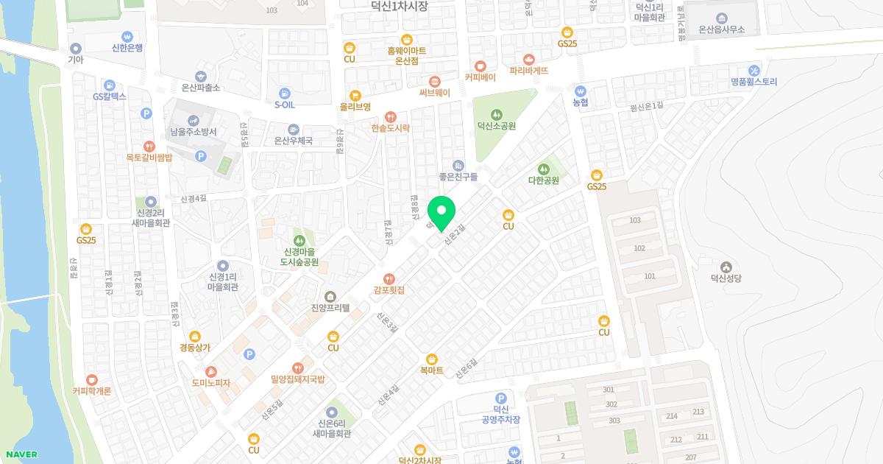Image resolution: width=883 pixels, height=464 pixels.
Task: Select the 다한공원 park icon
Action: pyautogui.click(x=544, y=169)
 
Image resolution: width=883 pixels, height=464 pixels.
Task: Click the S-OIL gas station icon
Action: pyautogui.click(x=284, y=94)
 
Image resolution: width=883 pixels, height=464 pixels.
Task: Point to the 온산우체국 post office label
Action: pyautogui.click(x=293, y=141)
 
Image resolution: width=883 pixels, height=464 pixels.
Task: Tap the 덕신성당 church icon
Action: pyautogui.click(x=726, y=267)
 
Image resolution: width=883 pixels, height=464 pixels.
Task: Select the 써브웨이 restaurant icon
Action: pyautogui.click(x=434, y=81)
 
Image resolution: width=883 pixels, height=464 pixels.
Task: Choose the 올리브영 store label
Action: pyautogui.click(x=355, y=107)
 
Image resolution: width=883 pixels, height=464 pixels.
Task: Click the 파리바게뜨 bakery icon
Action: pyautogui.click(x=528, y=60)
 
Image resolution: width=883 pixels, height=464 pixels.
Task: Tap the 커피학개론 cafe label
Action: pyautogui.click(x=91, y=391)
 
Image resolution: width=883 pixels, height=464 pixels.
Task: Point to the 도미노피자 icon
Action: pyautogui.click(x=211, y=372)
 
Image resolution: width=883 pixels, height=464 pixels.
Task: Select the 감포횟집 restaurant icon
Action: pyautogui.click(x=389, y=278)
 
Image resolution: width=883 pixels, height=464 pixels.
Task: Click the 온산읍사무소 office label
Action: pyautogui.click(x=721, y=29)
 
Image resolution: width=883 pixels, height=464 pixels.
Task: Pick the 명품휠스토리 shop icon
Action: pyautogui.click(x=753, y=70)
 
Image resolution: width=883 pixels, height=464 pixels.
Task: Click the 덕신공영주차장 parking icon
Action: pyautogui.click(x=501, y=398)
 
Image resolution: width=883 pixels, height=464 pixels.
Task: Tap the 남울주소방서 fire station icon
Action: pyautogui.click(x=193, y=120)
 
